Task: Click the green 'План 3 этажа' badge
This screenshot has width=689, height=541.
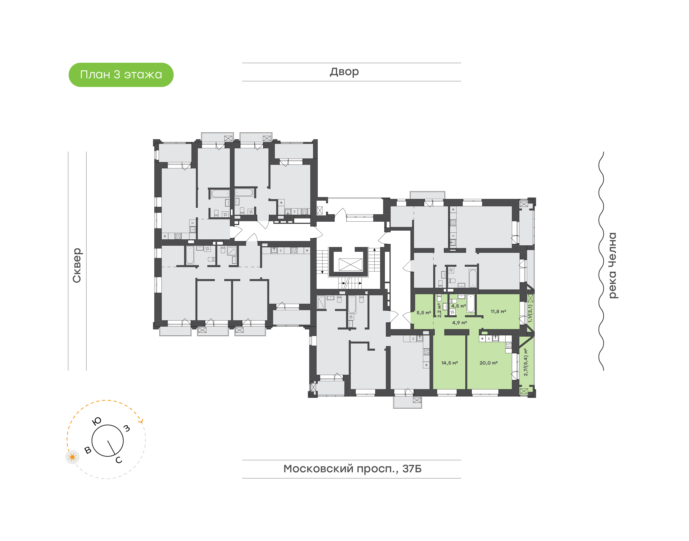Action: click(121, 75)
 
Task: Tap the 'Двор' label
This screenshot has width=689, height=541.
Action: click(344, 72)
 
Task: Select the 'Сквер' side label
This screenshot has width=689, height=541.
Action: click(77, 265)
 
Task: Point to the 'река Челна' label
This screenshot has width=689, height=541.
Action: click(613, 265)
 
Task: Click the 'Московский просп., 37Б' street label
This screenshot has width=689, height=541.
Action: click(352, 469)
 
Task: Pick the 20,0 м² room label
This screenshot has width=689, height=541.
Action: click(488, 363)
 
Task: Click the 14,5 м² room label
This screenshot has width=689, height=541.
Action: click(450, 363)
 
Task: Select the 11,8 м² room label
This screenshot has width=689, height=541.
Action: click(498, 312)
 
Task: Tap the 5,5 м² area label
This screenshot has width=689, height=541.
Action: click(423, 313)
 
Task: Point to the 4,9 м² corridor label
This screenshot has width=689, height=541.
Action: click(459, 323)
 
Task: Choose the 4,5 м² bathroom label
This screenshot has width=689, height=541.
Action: click(458, 306)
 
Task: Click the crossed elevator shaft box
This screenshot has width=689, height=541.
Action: click(350, 265)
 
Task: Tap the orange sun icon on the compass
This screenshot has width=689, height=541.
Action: click(72, 457)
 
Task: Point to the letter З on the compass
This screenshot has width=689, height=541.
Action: click(127, 428)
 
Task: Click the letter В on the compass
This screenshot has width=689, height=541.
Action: click(88, 450)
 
